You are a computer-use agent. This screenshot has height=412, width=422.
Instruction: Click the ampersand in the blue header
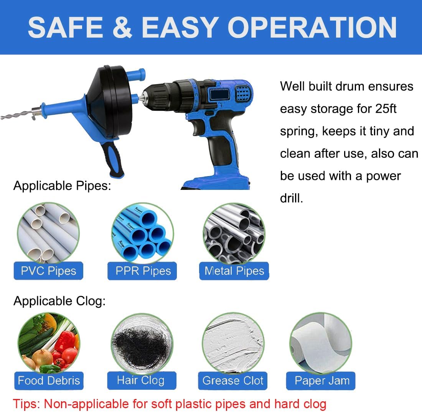tap(122, 27)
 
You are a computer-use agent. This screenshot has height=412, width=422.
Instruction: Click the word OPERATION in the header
tap(312, 27)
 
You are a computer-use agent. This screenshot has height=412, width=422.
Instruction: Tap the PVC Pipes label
tap(48, 271)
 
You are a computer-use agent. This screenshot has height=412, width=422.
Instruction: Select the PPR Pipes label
tap(142, 271)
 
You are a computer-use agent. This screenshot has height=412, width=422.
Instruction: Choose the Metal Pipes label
tap(234, 271)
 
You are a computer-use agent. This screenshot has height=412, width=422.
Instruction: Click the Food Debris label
tap(49, 381)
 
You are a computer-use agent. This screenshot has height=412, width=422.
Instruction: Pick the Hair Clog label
tap(142, 381)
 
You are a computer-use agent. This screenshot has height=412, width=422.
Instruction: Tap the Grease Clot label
tap(233, 381)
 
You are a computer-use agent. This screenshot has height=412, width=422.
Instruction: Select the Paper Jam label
tap(321, 381)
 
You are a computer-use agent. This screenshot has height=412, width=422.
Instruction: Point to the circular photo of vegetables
tap(49, 343)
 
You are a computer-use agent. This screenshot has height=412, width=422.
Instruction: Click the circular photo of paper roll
tap(321, 343)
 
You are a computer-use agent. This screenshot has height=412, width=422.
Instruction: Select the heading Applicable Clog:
tap(59, 301)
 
